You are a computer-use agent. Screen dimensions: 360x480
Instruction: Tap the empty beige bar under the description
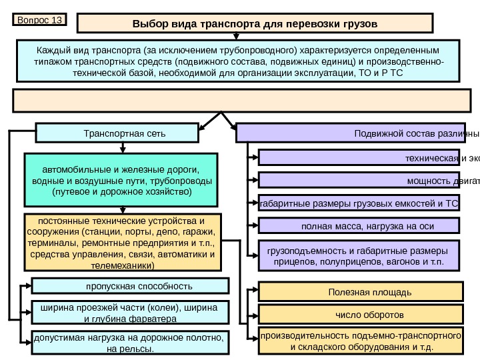click(239, 100)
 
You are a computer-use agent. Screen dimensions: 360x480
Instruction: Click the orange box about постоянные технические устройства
click(122, 241)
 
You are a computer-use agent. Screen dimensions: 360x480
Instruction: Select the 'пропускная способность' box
click(129, 287)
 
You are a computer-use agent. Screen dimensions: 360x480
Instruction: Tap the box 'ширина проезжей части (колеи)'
click(129, 312)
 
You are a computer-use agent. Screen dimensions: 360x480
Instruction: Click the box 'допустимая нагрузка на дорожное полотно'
click(129, 343)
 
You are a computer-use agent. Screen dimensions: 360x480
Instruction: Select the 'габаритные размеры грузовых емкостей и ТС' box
click(359, 203)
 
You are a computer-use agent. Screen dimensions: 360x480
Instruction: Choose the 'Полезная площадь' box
click(360, 291)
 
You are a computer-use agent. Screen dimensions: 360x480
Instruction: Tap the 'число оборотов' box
click(360, 313)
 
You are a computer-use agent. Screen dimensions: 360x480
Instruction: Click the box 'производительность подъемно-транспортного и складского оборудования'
click(360, 341)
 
